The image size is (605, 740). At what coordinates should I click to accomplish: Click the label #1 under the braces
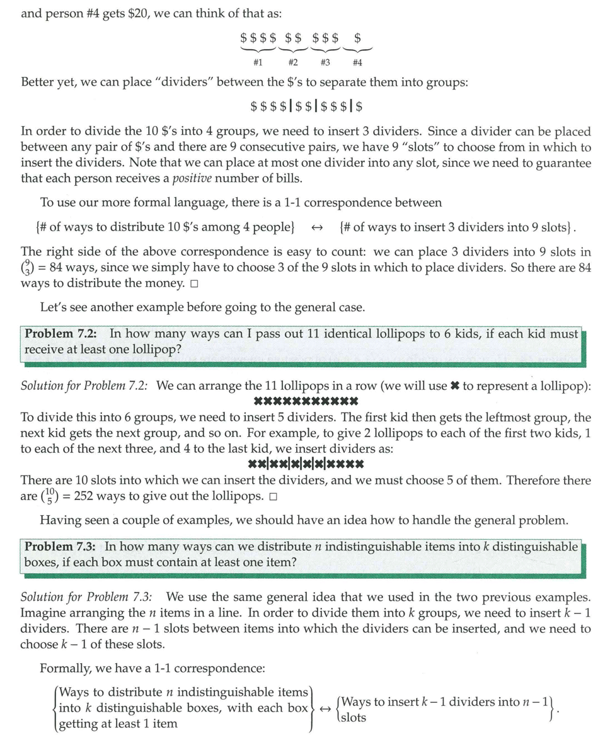click(257, 62)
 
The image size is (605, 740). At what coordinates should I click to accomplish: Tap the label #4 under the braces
click(357, 62)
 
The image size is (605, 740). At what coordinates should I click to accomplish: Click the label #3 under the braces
click(325, 62)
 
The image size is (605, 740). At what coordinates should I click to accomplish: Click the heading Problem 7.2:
click(64, 334)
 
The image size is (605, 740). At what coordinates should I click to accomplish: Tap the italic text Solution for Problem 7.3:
click(90, 597)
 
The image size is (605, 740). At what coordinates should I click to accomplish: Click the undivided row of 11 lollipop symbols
click(306, 401)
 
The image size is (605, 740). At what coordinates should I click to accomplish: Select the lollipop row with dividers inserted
click(306, 465)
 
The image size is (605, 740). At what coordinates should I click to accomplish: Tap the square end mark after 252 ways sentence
click(272, 496)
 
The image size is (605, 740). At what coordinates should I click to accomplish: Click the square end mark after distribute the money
click(193, 283)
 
